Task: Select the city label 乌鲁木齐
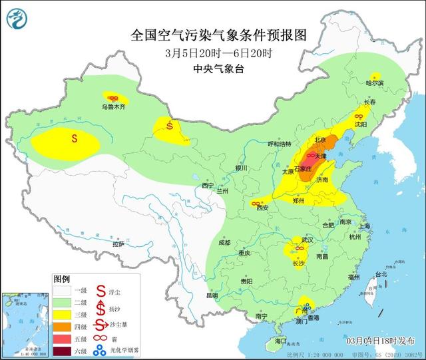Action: [x=113, y=106]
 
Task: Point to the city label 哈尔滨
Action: [x=375, y=83]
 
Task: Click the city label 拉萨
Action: [x=118, y=244]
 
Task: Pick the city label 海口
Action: [x=281, y=341]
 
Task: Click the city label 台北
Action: [x=380, y=274]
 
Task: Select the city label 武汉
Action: [x=306, y=240]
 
